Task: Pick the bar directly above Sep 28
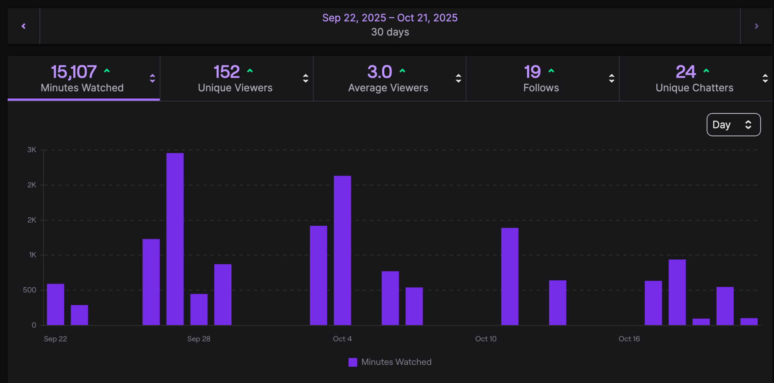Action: click(x=199, y=309)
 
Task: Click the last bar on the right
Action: click(x=749, y=321)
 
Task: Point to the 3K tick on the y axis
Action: click(x=32, y=150)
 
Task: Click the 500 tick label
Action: click(x=29, y=290)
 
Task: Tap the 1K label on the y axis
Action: click(x=33, y=255)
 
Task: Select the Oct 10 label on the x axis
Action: click(x=486, y=339)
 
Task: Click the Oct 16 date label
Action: click(x=629, y=339)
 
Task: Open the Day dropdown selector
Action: click(x=733, y=125)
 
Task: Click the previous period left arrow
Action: click(x=24, y=26)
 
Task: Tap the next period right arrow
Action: click(x=757, y=26)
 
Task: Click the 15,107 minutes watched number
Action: click(x=74, y=72)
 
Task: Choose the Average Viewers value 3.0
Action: click(x=380, y=72)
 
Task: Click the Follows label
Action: click(x=541, y=88)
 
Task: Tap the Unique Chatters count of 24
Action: click(x=685, y=72)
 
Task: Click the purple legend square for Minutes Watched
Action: click(x=353, y=362)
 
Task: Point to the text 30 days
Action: click(x=390, y=32)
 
